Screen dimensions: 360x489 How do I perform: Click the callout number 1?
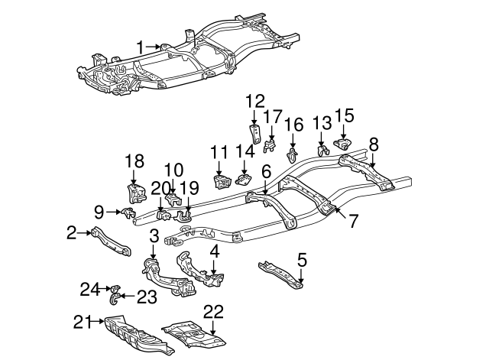tap(140, 47)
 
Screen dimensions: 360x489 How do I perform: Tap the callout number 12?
tap(255, 101)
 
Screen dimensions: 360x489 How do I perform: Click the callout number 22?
tap(215, 311)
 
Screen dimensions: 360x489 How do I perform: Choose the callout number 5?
tap(302, 259)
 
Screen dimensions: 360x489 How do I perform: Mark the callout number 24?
tap(91, 288)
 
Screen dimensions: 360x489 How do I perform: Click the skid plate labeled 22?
tap(191, 332)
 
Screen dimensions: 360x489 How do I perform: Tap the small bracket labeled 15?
tap(343, 144)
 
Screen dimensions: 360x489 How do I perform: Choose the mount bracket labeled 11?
tap(222, 184)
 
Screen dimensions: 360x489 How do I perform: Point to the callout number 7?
tap(352, 223)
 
